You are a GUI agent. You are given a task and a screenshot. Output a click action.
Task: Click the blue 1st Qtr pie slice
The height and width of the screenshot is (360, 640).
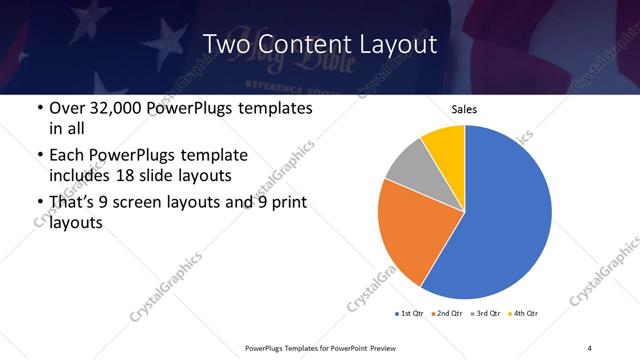point(505,215)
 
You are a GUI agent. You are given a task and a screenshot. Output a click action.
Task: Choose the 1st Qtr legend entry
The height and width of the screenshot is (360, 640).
point(410,313)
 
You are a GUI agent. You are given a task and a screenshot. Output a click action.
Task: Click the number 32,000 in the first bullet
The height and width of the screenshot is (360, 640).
point(120,108)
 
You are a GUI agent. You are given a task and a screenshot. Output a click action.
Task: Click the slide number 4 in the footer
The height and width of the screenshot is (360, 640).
point(589,347)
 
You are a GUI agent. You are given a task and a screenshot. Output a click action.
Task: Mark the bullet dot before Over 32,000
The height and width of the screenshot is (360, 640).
point(39,108)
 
